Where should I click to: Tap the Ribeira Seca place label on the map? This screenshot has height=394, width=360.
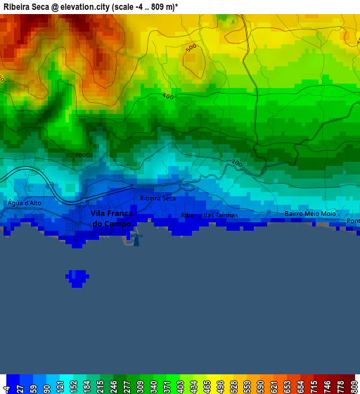pos(158,198)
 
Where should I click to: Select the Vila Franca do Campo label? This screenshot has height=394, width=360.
pos(111,218)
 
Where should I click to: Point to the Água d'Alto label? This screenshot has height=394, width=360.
pos(24,203)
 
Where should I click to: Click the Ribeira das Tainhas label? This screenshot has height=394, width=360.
pos(210,215)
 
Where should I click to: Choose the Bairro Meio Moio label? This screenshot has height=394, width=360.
pos(310,214)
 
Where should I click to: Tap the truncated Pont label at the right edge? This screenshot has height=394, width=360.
pos(353,221)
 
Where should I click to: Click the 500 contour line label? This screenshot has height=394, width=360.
pos(191,48)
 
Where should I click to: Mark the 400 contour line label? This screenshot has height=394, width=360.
pos(167,96)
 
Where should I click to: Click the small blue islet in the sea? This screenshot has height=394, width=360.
pos(77,277)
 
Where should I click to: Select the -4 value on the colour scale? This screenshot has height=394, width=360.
pos(7,388)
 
